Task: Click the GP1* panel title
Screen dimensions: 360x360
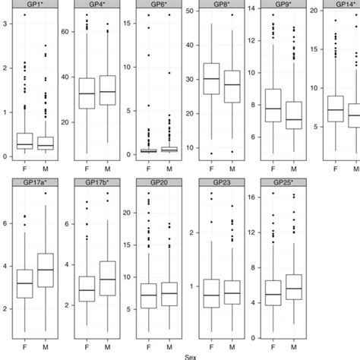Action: (34, 5)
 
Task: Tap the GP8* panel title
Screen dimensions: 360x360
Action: (221, 5)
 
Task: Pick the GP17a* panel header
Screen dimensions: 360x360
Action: (34, 183)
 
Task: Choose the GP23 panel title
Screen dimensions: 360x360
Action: (221, 183)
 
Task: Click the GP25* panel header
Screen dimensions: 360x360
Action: (283, 183)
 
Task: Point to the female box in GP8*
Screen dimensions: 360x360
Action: (211, 78)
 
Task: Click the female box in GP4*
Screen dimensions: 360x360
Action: (87, 93)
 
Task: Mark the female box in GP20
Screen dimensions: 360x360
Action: (149, 295)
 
